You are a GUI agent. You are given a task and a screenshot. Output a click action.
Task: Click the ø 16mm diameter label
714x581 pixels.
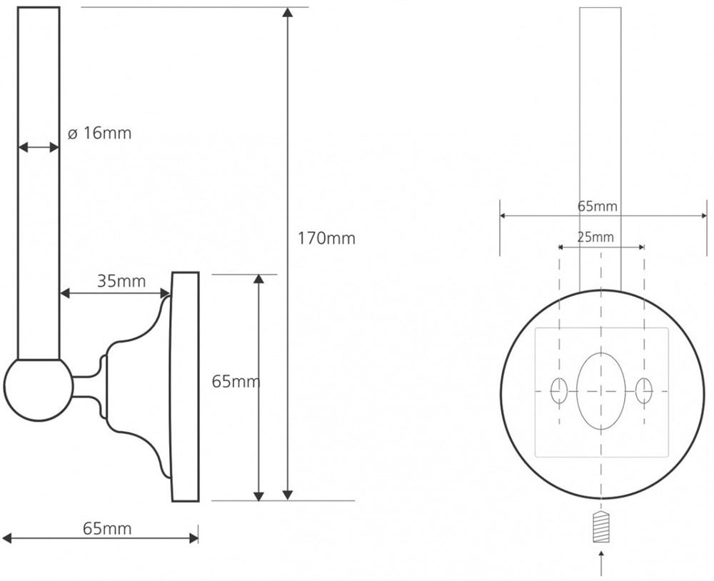click(99, 133)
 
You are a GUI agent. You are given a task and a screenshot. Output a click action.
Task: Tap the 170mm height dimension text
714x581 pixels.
click(326, 238)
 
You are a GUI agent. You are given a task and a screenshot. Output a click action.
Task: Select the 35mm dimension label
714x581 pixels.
click(121, 281)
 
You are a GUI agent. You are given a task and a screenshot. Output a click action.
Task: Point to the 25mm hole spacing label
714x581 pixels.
click(595, 237)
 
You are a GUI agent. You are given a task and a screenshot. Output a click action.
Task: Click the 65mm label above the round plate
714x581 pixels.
click(598, 206)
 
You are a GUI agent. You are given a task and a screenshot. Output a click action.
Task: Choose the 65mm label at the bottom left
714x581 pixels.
click(107, 529)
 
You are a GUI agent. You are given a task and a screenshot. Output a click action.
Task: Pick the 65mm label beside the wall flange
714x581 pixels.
click(236, 382)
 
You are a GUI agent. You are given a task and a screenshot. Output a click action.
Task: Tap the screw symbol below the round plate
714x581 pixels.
click(601, 526)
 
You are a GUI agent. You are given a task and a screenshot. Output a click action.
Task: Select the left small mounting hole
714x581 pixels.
click(559, 390)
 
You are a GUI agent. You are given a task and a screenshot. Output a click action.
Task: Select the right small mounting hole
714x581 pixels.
click(644, 390)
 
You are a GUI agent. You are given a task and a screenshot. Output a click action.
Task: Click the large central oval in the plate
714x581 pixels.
click(601, 391)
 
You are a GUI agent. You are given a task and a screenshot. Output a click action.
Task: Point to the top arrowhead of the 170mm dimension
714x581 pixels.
click(287, 12)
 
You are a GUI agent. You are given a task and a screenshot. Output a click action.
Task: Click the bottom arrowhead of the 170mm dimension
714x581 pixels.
click(287, 495)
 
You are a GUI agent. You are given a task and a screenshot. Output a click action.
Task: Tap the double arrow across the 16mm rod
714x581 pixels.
click(39, 147)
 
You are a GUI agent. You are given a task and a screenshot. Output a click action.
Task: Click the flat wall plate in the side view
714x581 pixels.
click(185, 387)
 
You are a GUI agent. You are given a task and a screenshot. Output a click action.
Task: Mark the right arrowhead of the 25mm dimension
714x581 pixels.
click(641, 247)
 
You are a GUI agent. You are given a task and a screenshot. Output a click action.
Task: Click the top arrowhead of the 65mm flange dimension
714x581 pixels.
click(258, 280)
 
